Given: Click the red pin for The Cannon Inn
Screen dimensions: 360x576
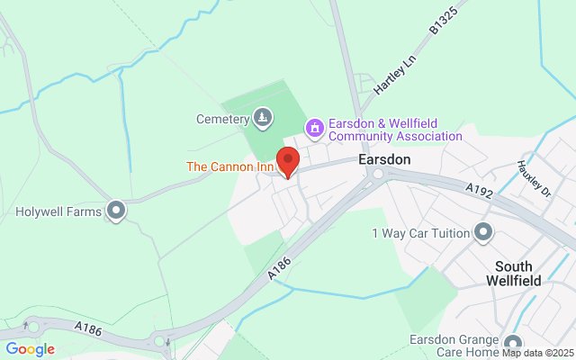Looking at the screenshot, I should coord(287,160).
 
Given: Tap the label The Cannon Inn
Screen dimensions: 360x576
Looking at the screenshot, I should coord(229,166).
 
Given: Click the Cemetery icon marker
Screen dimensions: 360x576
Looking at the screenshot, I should coord(262,118).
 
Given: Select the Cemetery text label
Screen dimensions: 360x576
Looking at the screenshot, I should coord(221,119).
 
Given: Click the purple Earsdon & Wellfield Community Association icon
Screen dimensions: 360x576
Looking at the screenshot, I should coord(314,130).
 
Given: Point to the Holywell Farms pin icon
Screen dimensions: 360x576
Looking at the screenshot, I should coord(116,211).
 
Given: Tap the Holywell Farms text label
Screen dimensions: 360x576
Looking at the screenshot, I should coord(58,212).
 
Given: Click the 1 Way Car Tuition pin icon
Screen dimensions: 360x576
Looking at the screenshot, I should coord(483,233).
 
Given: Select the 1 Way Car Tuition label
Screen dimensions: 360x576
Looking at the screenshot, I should coord(421,233).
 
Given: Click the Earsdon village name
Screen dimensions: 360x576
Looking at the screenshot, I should coord(384,158).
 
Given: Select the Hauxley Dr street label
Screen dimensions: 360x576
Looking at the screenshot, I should coord(533,177).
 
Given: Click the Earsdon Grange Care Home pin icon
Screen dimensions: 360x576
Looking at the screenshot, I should coord(513,344).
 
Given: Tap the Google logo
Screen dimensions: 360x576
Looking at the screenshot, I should coord(30,349).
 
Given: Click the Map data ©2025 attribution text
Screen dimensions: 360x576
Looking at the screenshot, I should coord(538,353).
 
